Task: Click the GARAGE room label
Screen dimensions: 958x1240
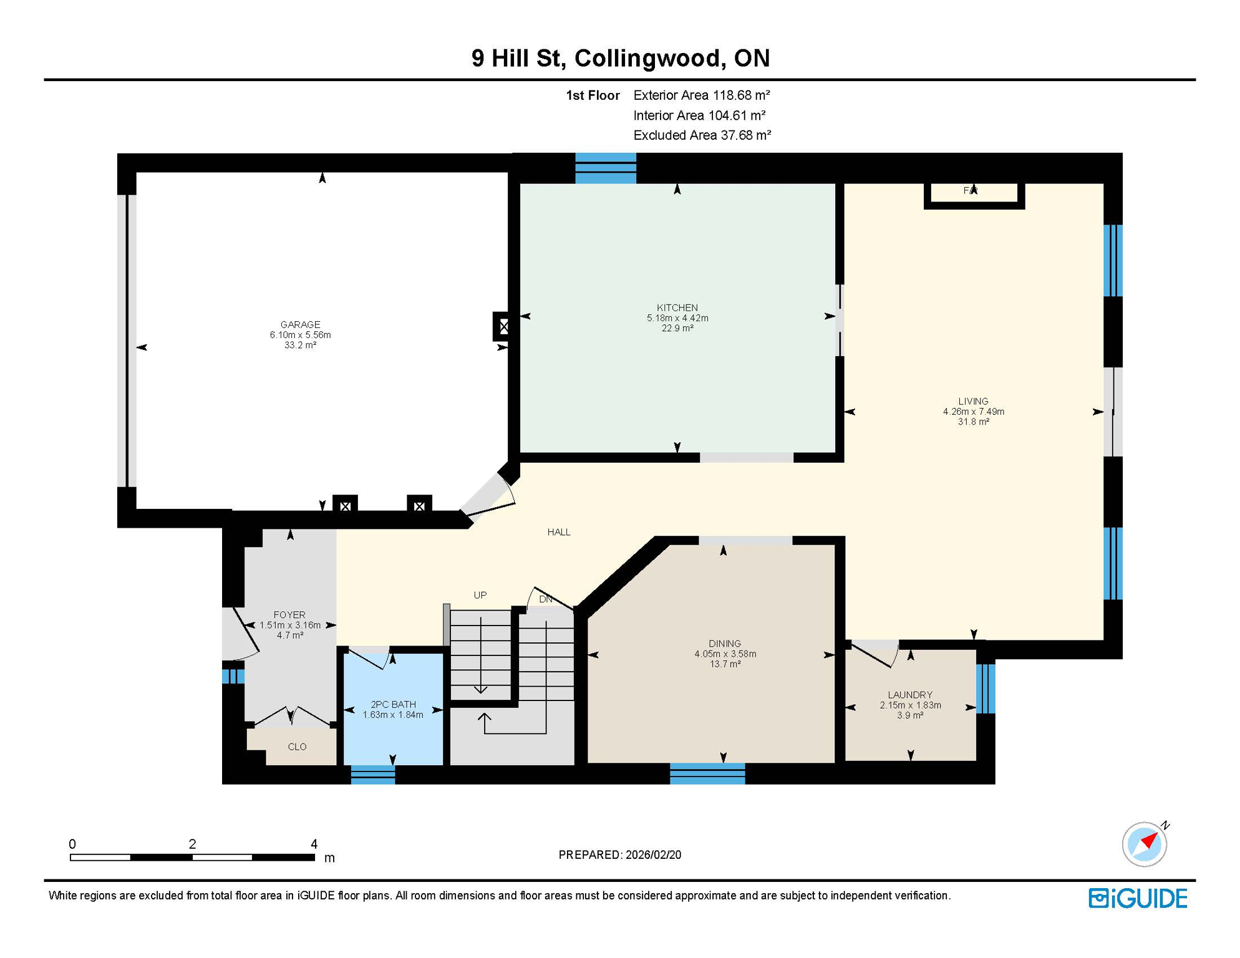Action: tap(300, 324)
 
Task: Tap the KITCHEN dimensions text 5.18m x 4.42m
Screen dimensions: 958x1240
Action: tap(677, 318)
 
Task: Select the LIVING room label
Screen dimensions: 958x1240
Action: tap(973, 401)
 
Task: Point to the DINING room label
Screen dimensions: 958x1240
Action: tap(725, 644)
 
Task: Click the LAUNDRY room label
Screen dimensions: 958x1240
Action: tap(910, 695)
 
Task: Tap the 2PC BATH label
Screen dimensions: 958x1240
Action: tap(393, 705)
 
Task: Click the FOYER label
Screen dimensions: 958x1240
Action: tap(289, 615)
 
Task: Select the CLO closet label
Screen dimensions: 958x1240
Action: tap(297, 747)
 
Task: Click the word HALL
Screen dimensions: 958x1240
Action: tap(559, 532)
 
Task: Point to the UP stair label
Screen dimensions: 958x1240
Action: tap(480, 595)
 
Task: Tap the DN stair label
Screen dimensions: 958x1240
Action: tap(546, 599)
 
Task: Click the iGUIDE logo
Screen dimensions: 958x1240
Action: tap(1138, 898)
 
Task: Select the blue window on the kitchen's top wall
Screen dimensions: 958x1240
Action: tap(605, 168)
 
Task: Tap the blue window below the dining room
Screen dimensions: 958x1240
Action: tap(707, 773)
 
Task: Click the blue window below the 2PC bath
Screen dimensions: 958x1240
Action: tap(372, 775)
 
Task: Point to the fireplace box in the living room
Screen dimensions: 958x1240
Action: tap(973, 193)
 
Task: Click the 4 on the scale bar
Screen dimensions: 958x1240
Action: tap(314, 844)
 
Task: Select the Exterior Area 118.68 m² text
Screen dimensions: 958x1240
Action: tap(702, 95)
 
